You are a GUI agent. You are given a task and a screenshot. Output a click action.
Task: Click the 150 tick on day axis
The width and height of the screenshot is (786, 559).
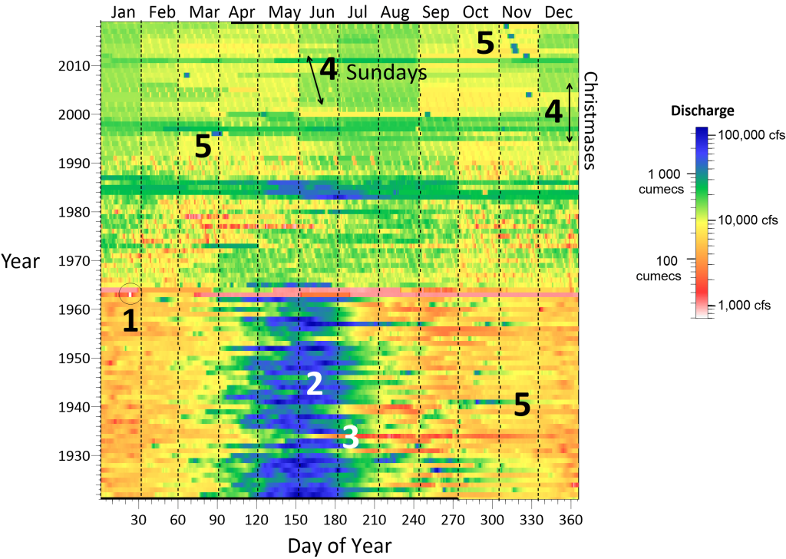pos(297,520)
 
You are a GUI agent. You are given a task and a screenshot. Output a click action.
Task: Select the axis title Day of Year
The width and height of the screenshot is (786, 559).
pos(339,546)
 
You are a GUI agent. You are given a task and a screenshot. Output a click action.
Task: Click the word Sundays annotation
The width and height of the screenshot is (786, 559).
pos(385,72)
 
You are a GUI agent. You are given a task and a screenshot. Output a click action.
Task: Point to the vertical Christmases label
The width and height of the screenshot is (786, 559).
pos(590,120)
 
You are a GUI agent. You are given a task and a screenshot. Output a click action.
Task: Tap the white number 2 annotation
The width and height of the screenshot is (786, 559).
pos(314,385)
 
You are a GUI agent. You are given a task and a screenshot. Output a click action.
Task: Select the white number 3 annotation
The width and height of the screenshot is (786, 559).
pos(350,438)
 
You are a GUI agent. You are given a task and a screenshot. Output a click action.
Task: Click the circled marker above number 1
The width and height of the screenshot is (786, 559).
pos(130,293)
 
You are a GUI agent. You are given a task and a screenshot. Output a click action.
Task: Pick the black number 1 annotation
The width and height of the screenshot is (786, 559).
pos(130,321)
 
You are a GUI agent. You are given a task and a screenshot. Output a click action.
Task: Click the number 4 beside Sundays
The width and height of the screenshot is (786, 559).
pos(329,70)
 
